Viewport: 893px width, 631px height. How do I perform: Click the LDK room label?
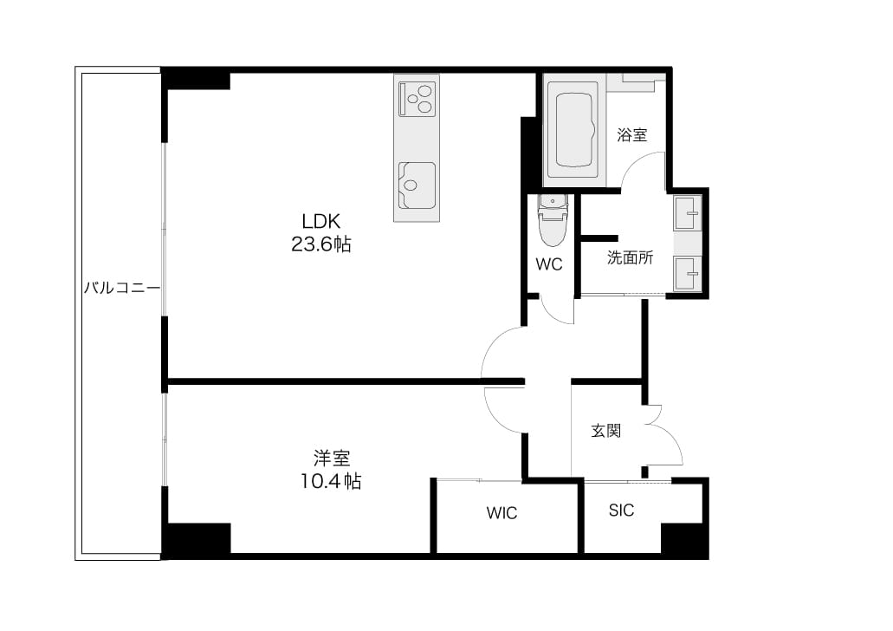pyautogui.click(x=320, y=221)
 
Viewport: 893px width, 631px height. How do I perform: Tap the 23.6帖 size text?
pyautogui.click(x=321, y=244)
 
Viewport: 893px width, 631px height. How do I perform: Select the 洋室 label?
pyautogui.click(x=332, y=458)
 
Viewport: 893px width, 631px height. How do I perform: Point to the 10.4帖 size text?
pyautogui.click(x=331, y=482)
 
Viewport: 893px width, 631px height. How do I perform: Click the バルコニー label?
pyautogui.click(x=122, y=288)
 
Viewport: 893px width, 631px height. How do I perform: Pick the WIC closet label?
pyautogui.click(x=502, y=513)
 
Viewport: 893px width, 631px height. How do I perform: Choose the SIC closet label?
pyautogui.click(x=621, y=511)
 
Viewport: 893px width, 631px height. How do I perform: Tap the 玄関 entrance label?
pyautogui.click(x=606, y=431)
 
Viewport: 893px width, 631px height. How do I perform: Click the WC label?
pyautogui.click(x=549, y=264)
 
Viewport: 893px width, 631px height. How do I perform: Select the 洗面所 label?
pyautogui.click(x=630, y=257)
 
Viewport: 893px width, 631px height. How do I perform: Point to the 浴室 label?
pyautogui.click(x=632, y=135)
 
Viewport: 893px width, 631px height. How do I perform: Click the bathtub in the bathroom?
pyautogui.click(x=573, y=130)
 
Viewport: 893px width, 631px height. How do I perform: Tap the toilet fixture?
pyautogui.click(x=553, y=221)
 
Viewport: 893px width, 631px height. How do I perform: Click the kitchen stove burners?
pyautogui.click(x=417, y=99)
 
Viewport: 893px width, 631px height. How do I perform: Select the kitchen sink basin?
pyautogui.click(x=417, y=185)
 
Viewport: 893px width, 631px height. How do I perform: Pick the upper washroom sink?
pyautogui.click(x=688, y=213)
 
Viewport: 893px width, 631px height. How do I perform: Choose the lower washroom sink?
pyautogui.click(x=688, y=274)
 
